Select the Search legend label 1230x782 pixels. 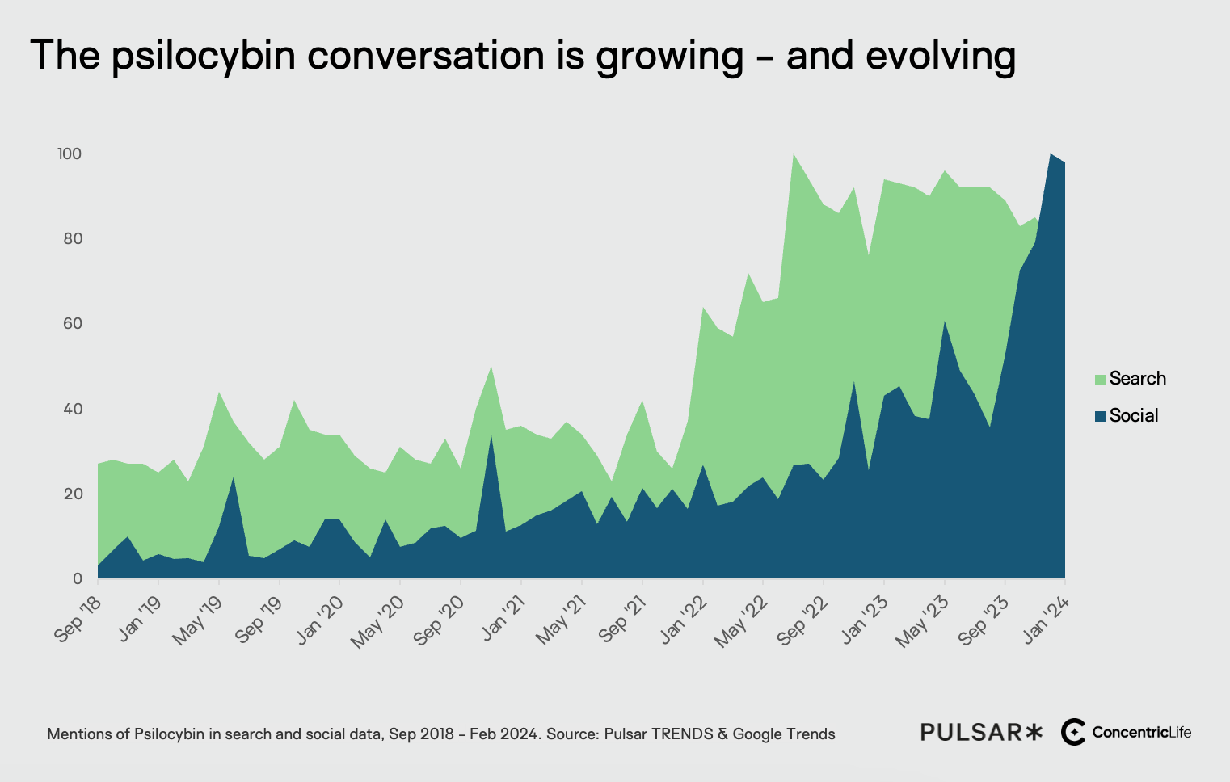click(x=1137, y=378)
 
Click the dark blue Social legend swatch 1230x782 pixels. click(x=1100, y=416)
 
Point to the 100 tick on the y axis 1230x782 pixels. click(x=70, y=153)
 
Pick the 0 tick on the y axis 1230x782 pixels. click(x=78, y=578)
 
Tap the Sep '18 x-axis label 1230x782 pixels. click(x=78, y=619)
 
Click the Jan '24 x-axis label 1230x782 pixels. click(x=1047, y=619)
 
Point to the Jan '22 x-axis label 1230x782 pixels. click(x=684, y=619)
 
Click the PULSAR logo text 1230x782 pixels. click(x=980, y=733)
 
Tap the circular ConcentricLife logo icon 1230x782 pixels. click(x=1073, y=732)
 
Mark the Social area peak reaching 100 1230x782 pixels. click(x=1050, y=154)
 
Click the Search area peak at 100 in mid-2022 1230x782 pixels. click(x=794, y=154)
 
